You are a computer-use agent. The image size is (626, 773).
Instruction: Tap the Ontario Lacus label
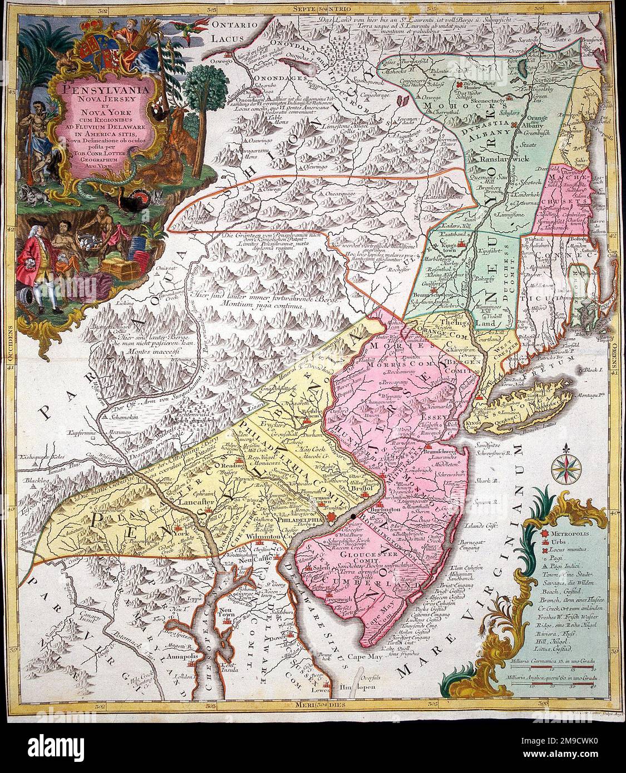[x=234, y=33]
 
